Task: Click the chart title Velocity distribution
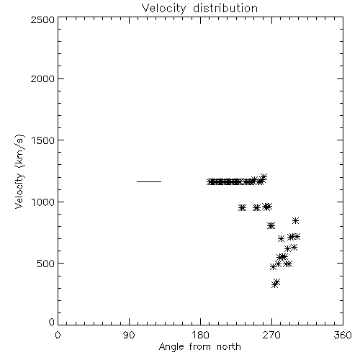pyautogui.click(x=199, y=9)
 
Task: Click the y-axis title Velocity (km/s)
pyautogui.click(x=19, y=171)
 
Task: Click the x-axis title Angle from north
pyautogui.click(x=199, y=347)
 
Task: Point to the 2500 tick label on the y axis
pyautogui.click(x=42, y=19)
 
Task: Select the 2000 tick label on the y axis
pyautogui.click(x=42, y=79)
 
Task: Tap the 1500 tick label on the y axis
pyautogui.click(x=43, y=140)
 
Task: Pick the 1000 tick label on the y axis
pyautogui.click(x=43, y=202)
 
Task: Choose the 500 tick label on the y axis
pyautogui.click(x=46, y=264)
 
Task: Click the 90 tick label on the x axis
pyautogui.click(x=129, y=335)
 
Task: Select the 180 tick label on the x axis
pyautogui.click(x=200, y=335)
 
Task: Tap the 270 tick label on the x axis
pyautogui.click(x=271, y=335)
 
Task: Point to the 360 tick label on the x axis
pyautogui.click(x=343, y=335)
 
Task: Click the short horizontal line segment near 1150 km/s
pyautogui.click(x=149, y=181)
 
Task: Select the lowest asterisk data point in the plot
pyautogui.click(x=274, y=285)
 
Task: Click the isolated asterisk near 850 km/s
pyautogui.click(x=295, y=221)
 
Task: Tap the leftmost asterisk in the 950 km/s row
pyautogui.click(x=242, y=208)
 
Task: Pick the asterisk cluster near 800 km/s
pyautogui.click(x=271, y=226)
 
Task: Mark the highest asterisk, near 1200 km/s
pyautogui.click(x=264, y=177)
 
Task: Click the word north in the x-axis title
pyautogui.click(x=229, y=347)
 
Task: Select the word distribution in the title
pyautogui.click(x=225, y=9)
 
